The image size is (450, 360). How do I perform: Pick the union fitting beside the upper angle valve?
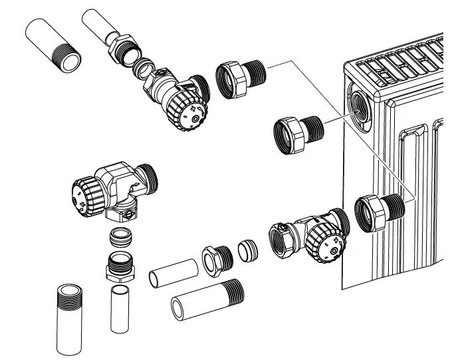pyautogui.click(x=239, y=79)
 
